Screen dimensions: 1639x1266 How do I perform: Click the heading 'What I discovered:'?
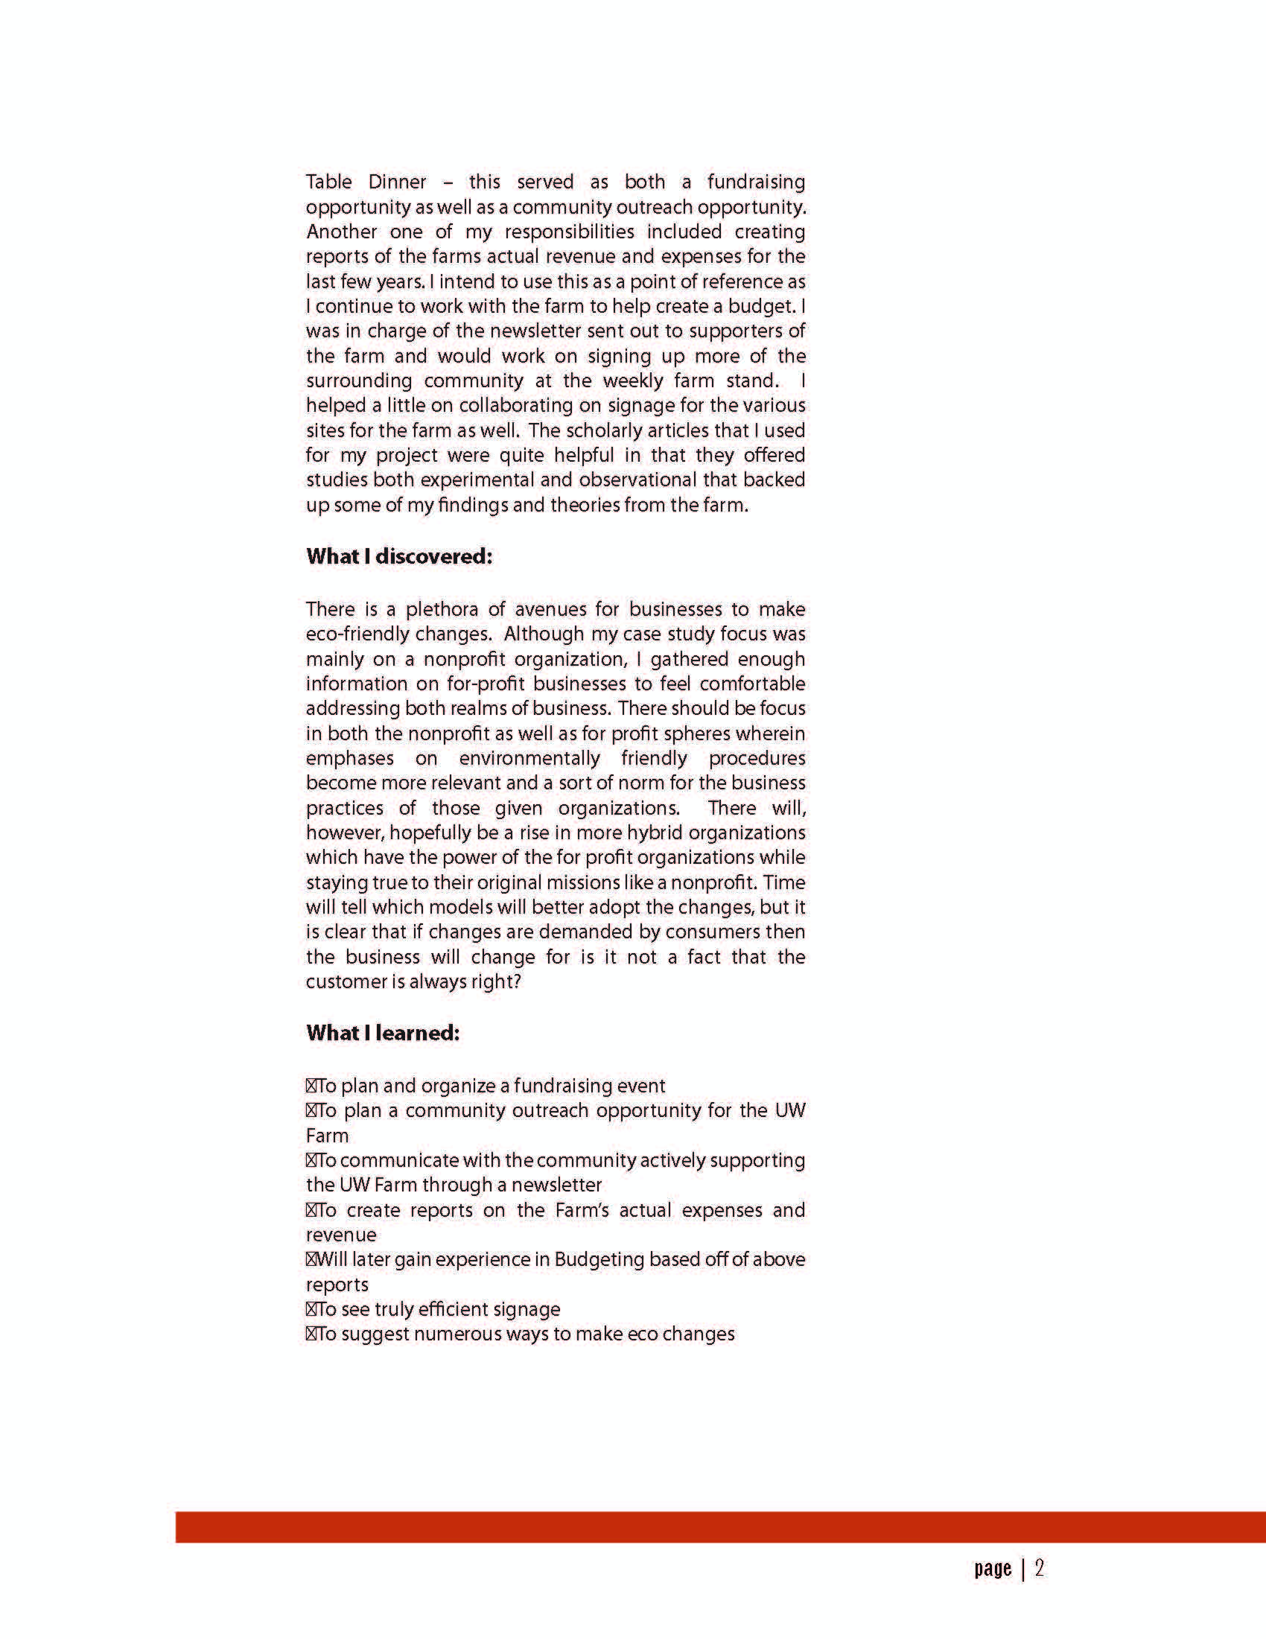pyautogui.click(x=398, y=557)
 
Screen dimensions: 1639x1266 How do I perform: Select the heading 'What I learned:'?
pyautogui.click(x=382, y=1034)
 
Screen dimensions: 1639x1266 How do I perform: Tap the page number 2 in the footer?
pyautogui.click(x=1040, y=1569)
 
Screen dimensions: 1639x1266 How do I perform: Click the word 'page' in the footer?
pyautogui.click(x=993, y=1569)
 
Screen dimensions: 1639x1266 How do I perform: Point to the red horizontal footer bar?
pyautogui.click(x=720, y=1527)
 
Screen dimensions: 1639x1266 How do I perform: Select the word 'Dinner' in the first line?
pyautogui.click(x=397, y=182)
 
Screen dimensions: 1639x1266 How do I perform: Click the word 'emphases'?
pyautogui.click(x=350, y=759)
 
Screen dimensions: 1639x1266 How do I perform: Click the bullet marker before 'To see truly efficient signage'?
pyautogui.click(x=311, y=1310)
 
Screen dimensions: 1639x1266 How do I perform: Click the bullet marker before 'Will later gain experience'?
pyautogui.click(x=311, y=1260)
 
